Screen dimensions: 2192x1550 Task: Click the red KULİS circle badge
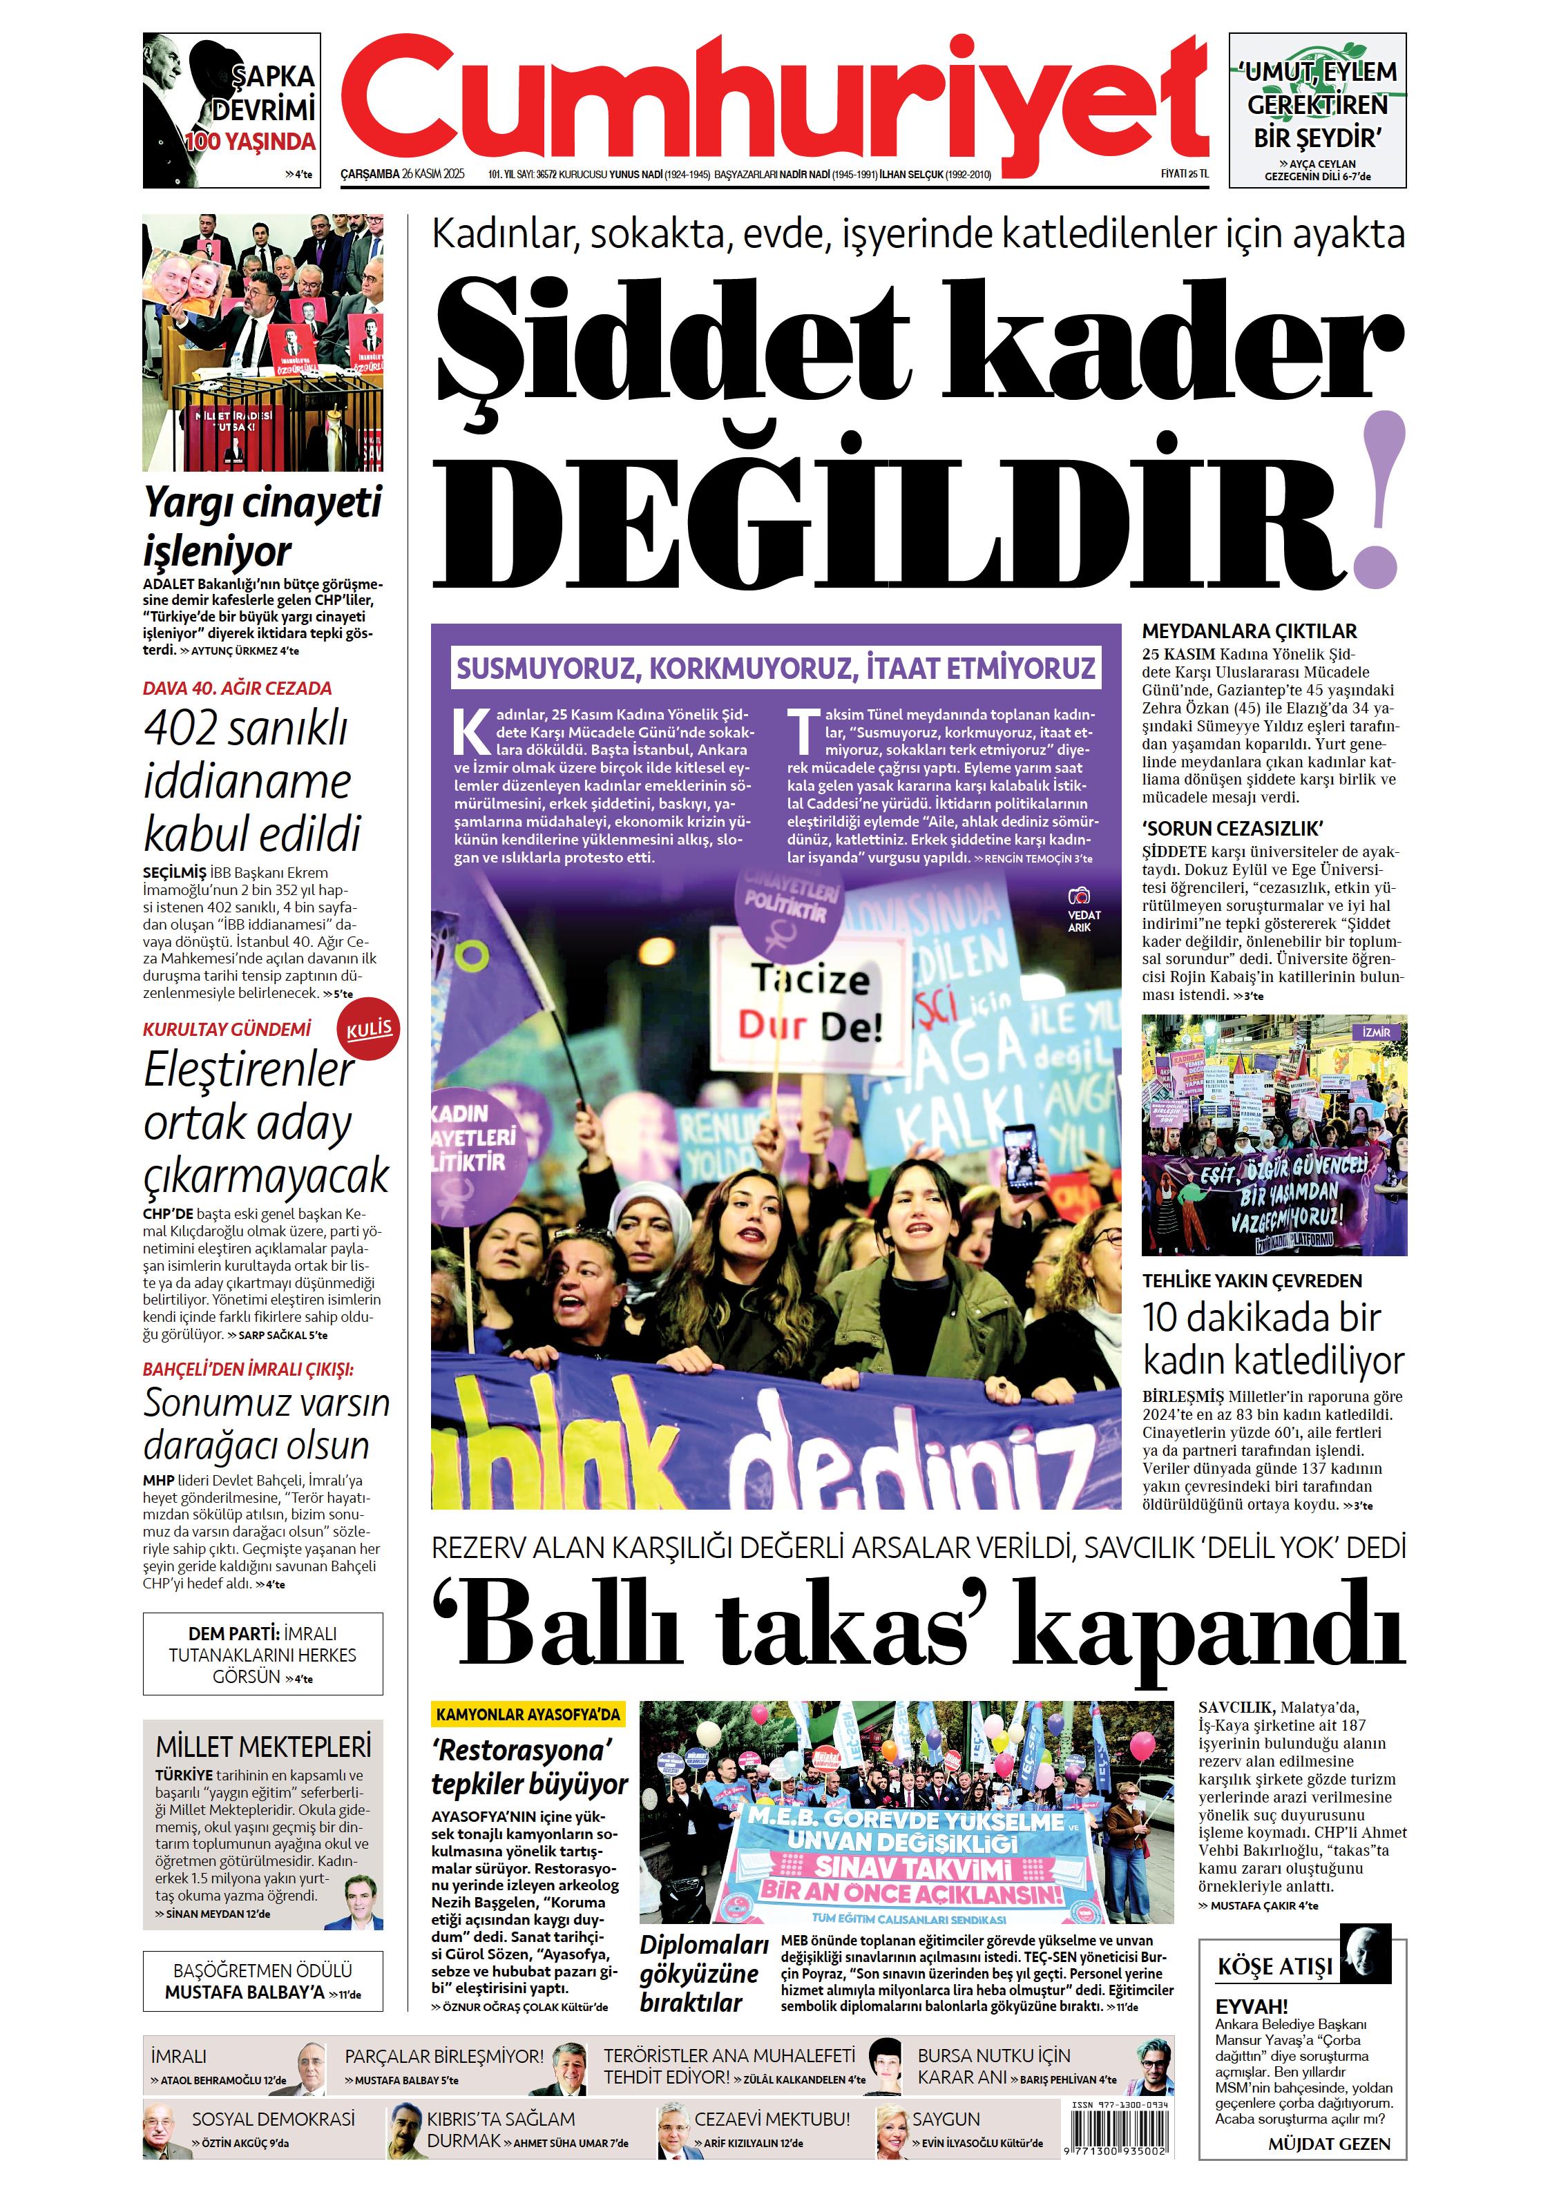click(369, 1029)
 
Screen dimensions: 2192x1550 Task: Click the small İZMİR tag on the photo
click(1376, 1033)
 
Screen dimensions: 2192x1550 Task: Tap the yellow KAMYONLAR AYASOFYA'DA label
click(527, 1715)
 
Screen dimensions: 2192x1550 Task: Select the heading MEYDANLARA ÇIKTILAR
click(1249, 631)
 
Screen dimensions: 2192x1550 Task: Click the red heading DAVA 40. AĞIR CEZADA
click(237, 689)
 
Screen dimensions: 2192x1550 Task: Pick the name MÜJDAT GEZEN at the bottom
click(1328, 2144)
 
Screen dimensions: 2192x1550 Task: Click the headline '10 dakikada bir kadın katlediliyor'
click(1272, 1338)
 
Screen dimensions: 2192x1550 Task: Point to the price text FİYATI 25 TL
click(1183, 174)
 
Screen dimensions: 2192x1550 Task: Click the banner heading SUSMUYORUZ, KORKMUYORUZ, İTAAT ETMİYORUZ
click(776, 667)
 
